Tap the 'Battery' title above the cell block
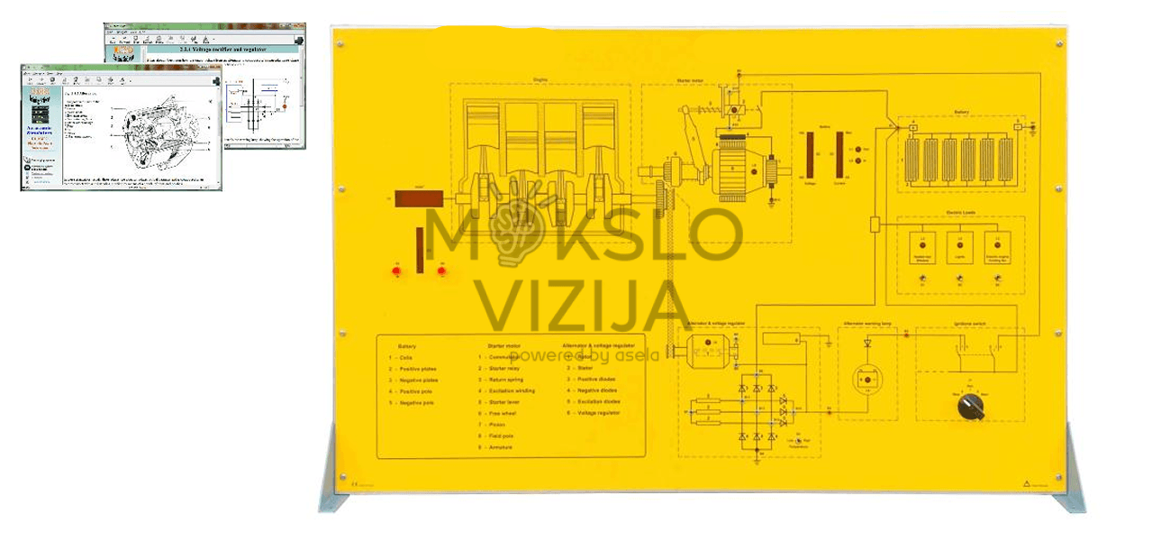click(961, 113)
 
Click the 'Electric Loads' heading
click(960, 214)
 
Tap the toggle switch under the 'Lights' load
click(959, 282)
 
